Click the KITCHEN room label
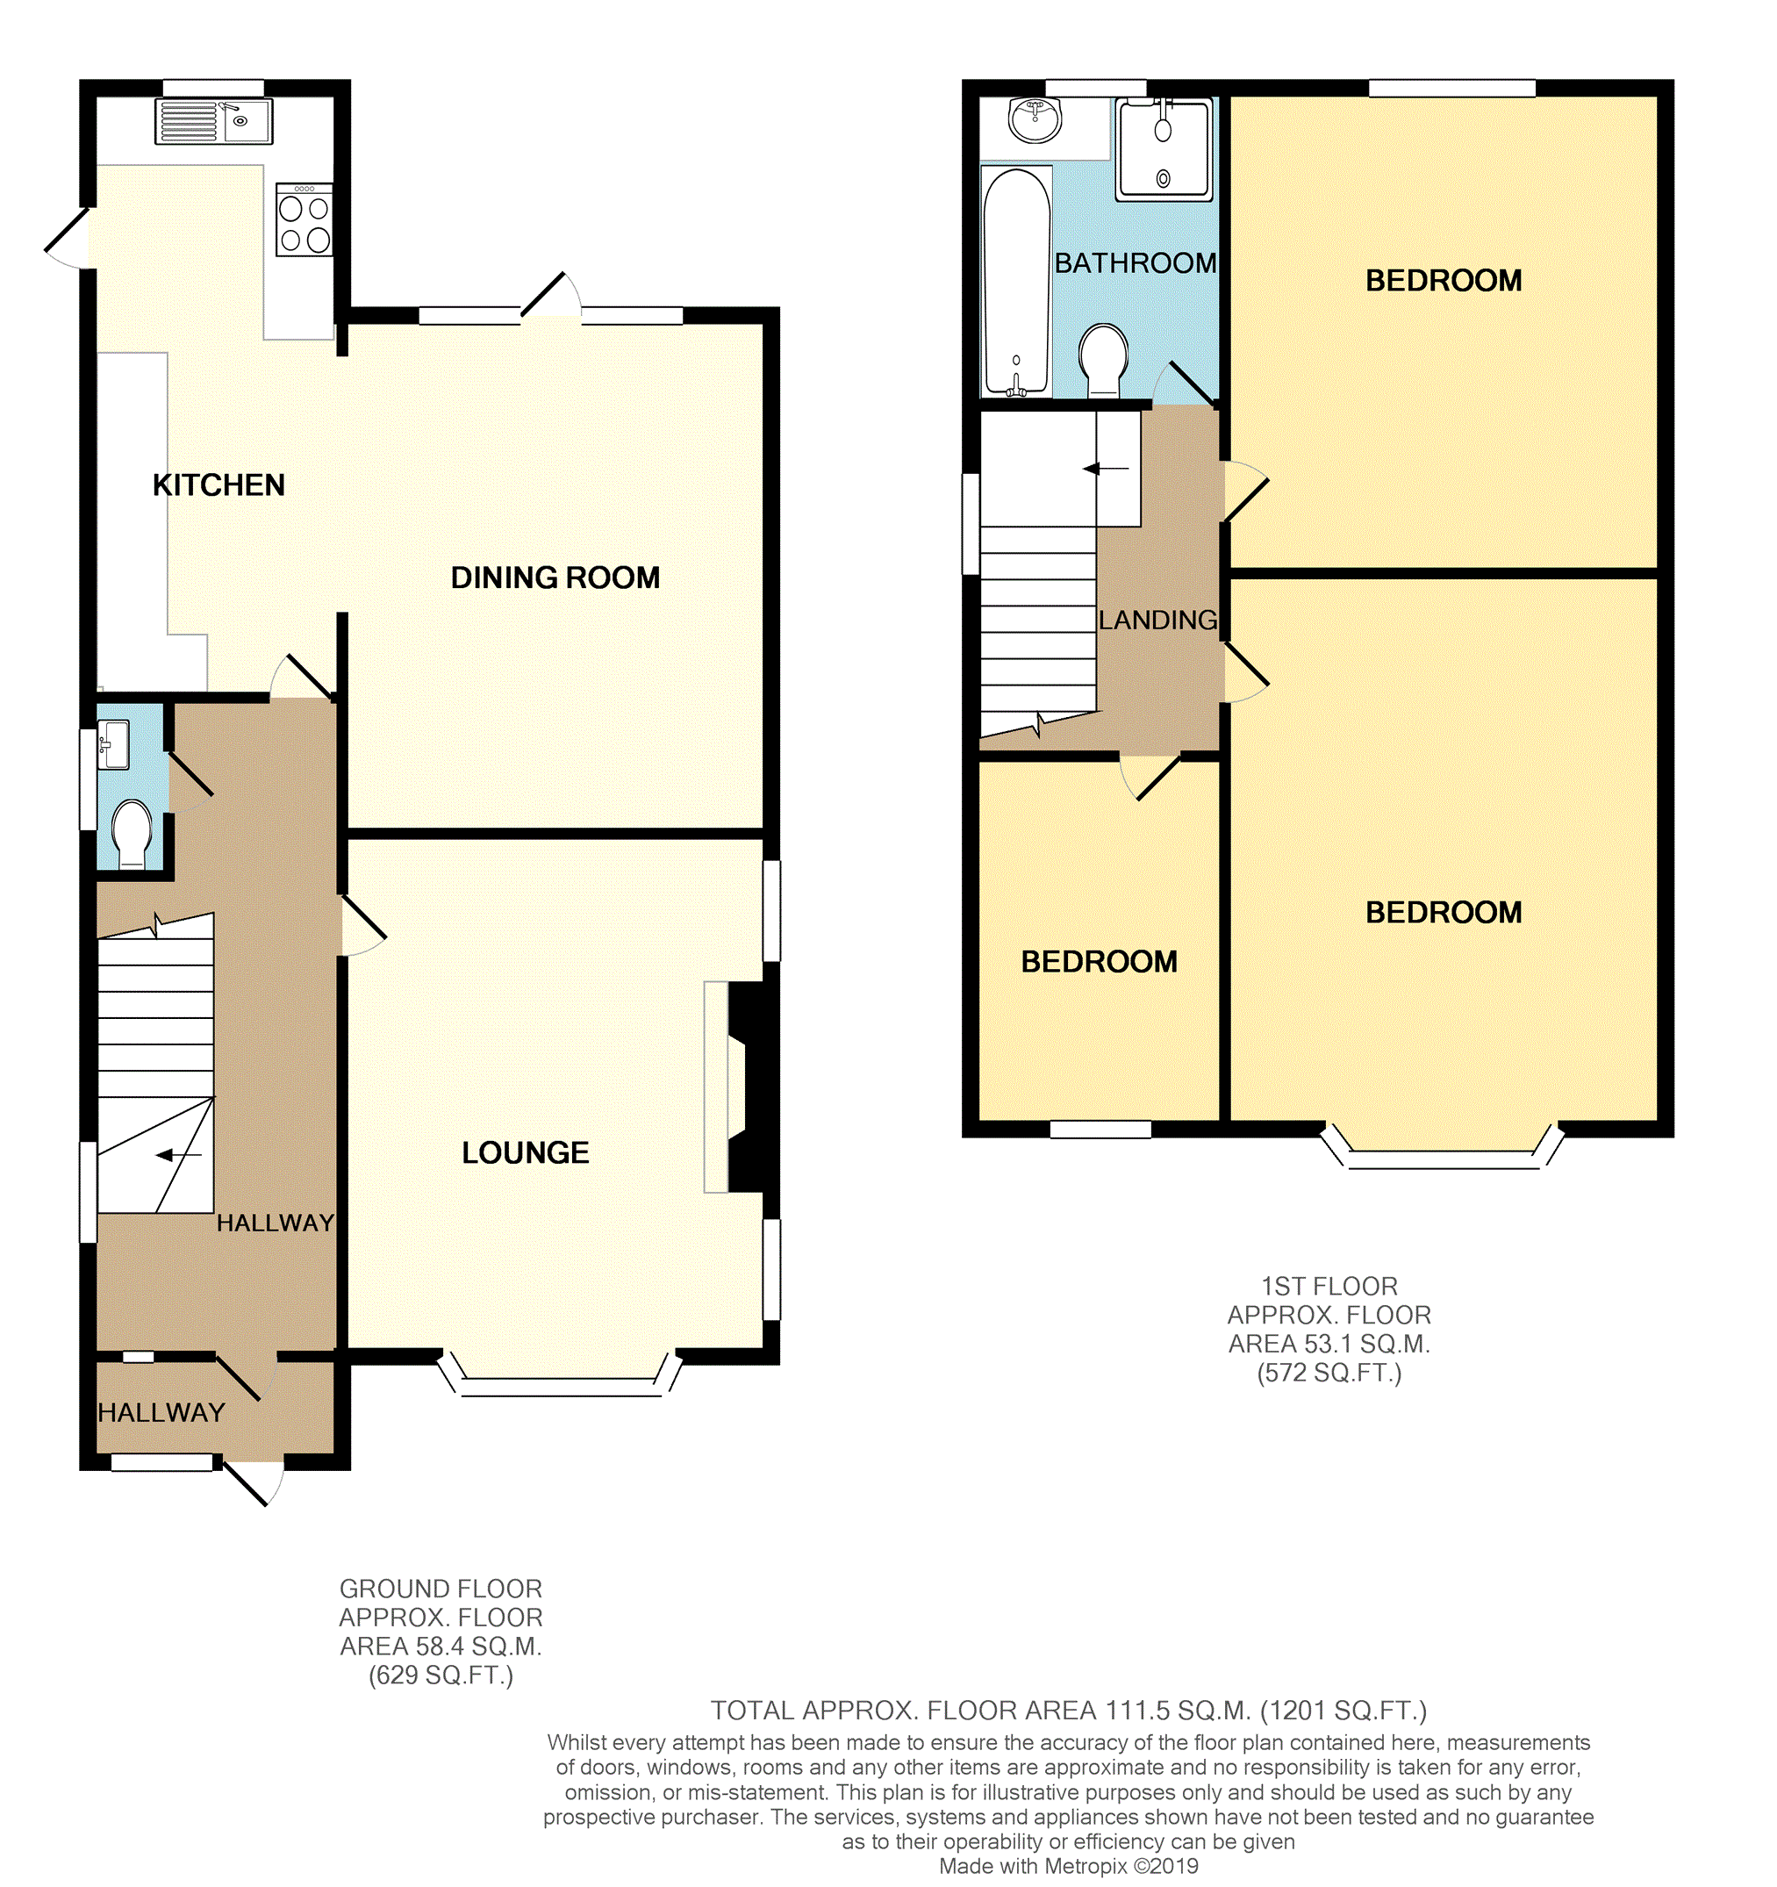[219, 485]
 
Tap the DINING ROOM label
[555, 578]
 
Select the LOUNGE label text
[525, 1152]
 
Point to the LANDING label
[1158, 620]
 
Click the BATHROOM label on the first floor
[1136, 263]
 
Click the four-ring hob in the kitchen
[305, 220]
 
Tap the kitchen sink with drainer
[213, 121]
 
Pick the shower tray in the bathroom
[1164, 150]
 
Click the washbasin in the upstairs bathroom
[1035, 120]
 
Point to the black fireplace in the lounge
[750, 1087]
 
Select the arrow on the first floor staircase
[1106, 468]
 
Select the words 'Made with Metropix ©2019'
[1069, 1866]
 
